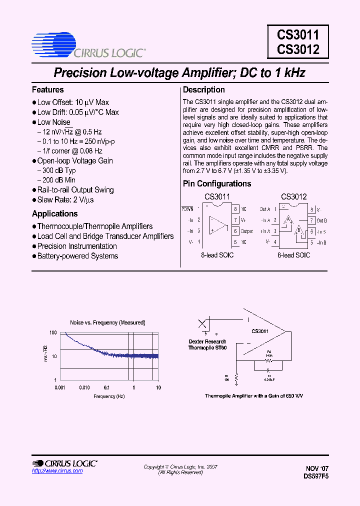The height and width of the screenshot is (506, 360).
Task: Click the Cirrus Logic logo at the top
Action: [88, 45]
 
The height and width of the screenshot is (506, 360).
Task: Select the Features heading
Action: [48, 90]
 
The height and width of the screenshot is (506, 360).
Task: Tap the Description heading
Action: [204, 90]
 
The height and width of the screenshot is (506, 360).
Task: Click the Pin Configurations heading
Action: [217, 184]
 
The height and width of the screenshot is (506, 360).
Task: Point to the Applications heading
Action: [55, 214]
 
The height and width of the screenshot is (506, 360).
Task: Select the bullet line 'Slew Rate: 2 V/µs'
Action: [65, 200]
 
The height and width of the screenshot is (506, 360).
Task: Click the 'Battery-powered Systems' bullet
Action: [77, 256]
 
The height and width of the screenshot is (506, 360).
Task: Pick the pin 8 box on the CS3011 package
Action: [235, 209]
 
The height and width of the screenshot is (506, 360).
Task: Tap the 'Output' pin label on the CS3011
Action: [247, 231]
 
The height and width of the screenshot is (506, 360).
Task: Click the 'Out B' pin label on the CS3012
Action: [321, 220]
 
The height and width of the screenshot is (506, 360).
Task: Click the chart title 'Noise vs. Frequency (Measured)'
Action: [107, 323]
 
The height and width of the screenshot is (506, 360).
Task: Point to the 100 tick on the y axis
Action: [53, 332]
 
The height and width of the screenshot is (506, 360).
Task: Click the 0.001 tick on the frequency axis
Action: [60, 387]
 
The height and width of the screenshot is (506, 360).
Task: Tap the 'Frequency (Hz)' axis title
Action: [109, 396]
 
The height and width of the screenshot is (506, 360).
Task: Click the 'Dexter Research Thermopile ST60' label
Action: [207, 344]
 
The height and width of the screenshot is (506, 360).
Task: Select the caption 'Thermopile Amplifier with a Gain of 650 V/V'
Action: [254, 395]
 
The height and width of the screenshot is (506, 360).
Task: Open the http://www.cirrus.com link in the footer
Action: [50, 471]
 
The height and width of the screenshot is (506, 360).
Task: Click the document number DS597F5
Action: [316, 476]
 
